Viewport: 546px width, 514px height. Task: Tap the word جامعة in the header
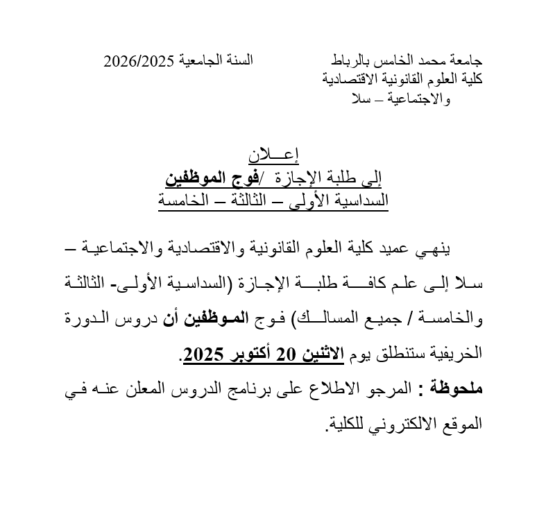[x=464, y=61]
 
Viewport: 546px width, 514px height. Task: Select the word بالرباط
[x=350, y=61]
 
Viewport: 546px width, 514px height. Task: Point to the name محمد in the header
[x=425, y=61]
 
